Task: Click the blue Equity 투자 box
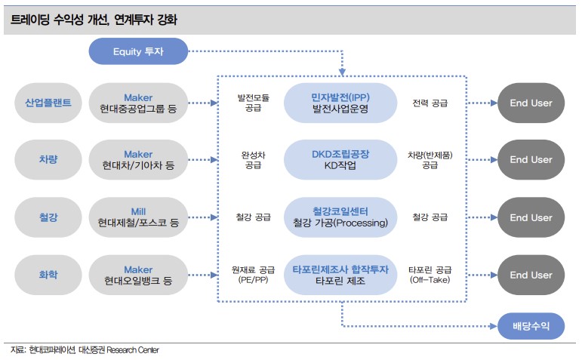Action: [138, 51]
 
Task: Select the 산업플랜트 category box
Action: [48, 103]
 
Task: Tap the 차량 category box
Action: [48, 160]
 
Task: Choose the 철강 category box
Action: [48, 217]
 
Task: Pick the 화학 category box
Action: [48, 275]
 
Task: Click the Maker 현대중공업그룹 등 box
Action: [138, 103]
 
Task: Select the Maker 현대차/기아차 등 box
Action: [138, 160]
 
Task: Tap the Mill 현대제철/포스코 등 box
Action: [138, 217]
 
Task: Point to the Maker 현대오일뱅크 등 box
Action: [138, 275]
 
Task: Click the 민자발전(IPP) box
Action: [340, 103]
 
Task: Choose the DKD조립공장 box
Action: [340, 160]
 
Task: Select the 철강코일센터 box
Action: [340, 217]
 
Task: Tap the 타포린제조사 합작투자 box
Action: [340, 275]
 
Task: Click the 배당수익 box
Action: [531, 326]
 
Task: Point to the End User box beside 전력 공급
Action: [531, 103]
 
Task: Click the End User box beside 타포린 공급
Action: [531, 275]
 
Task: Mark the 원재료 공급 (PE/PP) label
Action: [253, 275]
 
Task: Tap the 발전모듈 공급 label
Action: [253, 103]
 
